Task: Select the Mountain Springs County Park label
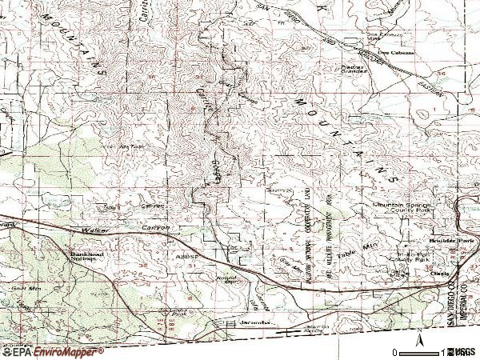coord(401,210)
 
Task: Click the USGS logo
coord(462,352)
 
